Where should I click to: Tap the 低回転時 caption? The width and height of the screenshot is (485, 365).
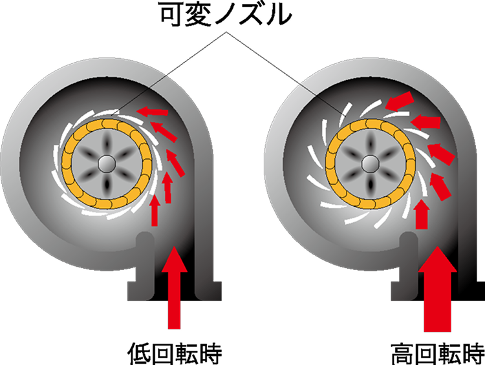[175, 353]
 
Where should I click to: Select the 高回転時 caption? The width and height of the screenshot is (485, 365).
[437, 353]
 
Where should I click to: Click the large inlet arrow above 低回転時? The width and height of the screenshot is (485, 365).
[174, 287]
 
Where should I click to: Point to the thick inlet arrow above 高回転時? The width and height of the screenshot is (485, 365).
[437, 289]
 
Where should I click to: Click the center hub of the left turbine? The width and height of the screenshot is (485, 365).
[107, 163]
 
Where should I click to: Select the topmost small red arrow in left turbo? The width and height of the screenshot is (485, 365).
[152, 111]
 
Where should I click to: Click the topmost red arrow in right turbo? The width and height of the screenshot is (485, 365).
[400, 101]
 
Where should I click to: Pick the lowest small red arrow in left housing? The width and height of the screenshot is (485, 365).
[155, 211]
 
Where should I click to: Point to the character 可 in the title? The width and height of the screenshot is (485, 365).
[173, 14]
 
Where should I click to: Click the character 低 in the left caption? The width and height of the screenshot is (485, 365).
[139, 353]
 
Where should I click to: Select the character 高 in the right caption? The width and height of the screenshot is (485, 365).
[403, 353]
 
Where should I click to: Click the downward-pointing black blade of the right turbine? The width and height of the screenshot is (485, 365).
[370, 186]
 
